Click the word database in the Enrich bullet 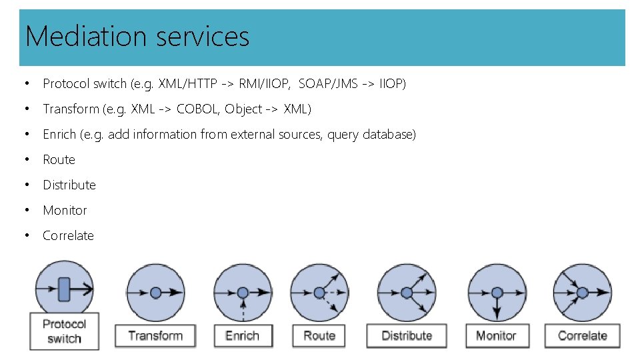click(x=389, y=134)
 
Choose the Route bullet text click(x=59, y=159)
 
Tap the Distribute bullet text click(x=69, y=185)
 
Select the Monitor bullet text click(x=65, y=210)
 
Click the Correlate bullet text click(x=68, y=235)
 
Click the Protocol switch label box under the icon click(x=65, y=331)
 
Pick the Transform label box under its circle click(x=156, y=335)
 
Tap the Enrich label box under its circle click(x=243, y=335)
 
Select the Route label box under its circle click(x=319, y=335)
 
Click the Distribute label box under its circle click(x=407, y=335)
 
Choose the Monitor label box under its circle click(x=496, y=335)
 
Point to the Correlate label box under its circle click(x=583, y=335)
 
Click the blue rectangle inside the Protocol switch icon click(x=64, y=289)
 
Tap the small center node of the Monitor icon click(x=497, y=293)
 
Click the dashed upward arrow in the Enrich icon click(x=243, y=309)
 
